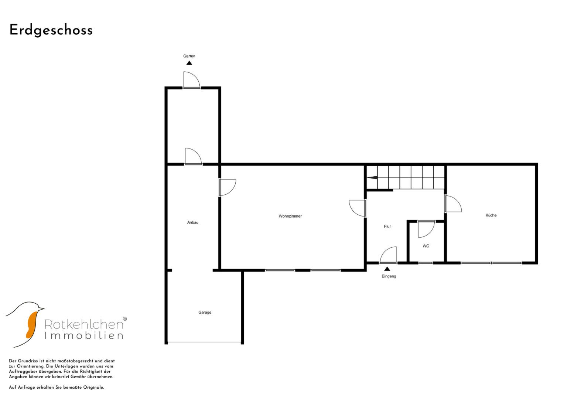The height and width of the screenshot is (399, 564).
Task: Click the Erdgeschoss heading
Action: (51, 30)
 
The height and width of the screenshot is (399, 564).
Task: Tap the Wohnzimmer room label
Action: (290, 216)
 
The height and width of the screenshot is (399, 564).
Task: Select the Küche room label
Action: (491, 215)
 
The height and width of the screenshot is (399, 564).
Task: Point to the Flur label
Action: (387, 226)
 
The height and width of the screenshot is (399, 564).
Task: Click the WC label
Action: (426, 246)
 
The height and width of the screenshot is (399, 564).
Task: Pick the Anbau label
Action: (192, 222)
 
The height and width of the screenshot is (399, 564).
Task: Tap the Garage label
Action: (205, 312)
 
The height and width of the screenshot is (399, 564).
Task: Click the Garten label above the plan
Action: (189, 56)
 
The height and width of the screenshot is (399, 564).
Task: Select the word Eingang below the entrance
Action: (389, 276)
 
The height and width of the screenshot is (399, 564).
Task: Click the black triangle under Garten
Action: (189, 63)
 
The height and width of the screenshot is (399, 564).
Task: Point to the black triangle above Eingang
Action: (387, 269)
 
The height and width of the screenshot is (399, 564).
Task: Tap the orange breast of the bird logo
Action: (32, 325)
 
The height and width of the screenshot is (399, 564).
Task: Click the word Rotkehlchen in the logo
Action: (84, 324)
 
